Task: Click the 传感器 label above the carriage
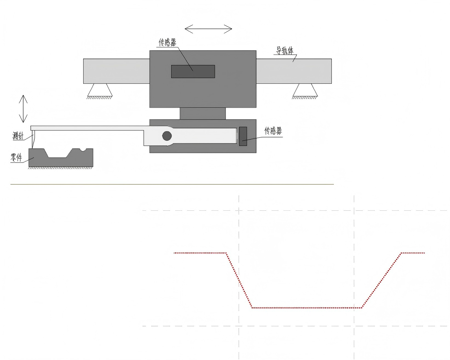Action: (168, 42)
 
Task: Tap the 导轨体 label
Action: (285, 51)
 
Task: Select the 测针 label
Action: (18, 136)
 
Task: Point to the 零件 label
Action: (16, 158)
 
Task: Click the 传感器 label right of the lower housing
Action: (273, 131)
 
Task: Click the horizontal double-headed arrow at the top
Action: (208, 29)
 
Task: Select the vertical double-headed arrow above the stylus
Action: (23, 108)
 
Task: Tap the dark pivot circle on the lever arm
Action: (167, 136)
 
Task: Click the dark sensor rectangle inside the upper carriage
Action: (193, 72)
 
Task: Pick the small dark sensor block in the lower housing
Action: (243, 136)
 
